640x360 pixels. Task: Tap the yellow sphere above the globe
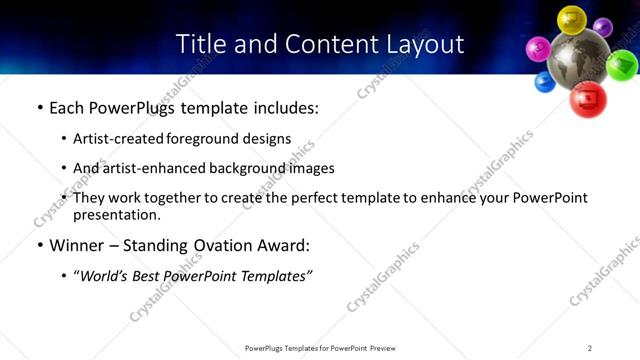click(571, 18)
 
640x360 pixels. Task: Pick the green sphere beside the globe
click(622, 65)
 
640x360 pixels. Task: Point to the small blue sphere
click(545, 81)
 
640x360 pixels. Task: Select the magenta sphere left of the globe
click(539, 47)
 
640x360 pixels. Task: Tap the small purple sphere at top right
click(603, 27)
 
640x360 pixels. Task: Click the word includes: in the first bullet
click(282, 107)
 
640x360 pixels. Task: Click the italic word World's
click(105, 275)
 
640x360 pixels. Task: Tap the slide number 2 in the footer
click(590, 348)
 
